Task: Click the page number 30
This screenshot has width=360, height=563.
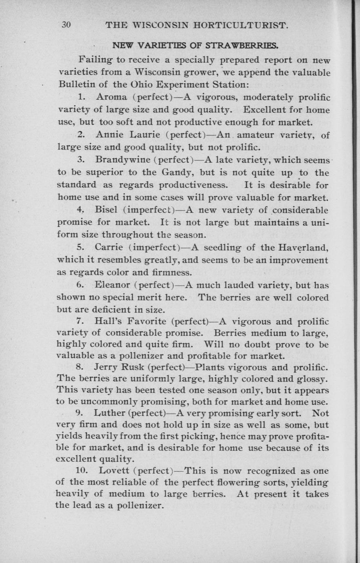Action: click(67, 25)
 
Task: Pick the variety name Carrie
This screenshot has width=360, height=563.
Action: click(109, 247)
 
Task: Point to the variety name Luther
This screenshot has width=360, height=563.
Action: click(110, 413)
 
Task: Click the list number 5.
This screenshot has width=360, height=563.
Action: click(80, 247)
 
